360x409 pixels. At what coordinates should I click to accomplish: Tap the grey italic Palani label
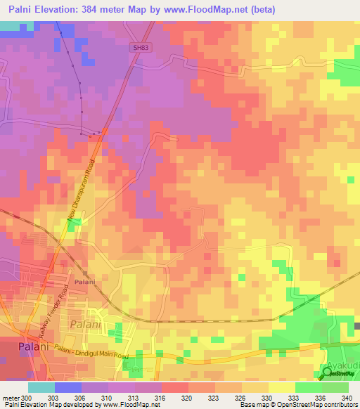tap(86, 325)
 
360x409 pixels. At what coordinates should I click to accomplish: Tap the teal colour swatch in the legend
tap(41, 387)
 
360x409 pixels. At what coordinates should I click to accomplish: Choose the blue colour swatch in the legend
tap(67, 387)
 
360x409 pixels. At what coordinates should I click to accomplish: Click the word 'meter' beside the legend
tap(10, 398)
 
